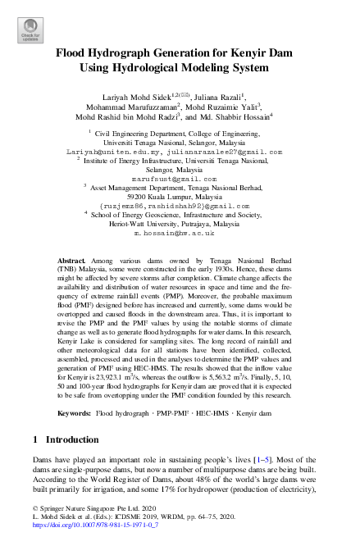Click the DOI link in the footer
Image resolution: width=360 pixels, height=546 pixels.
[84, 539]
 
